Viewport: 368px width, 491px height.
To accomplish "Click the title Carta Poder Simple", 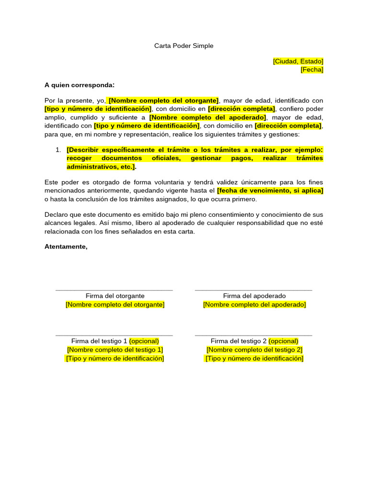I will (184, 46).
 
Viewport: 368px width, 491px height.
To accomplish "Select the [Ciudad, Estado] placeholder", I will (298, 61).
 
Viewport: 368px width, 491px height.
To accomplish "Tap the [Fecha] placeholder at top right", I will (312, 70).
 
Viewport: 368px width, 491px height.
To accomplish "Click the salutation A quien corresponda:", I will (80, 85).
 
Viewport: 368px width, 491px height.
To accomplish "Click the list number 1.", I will (58, 150).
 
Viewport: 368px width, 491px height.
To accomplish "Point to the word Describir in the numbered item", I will (84, 150).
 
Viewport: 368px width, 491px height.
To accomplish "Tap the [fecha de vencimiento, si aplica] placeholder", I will (270, 191).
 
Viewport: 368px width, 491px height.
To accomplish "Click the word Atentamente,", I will (66, 247).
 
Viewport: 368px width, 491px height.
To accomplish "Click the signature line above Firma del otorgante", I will (114, 290).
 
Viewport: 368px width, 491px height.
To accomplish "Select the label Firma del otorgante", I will (115, 296).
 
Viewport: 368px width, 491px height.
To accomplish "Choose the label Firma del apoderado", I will (254, 296).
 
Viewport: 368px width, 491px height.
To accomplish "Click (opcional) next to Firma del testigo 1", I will (144, 341).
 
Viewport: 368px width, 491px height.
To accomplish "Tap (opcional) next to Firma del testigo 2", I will (284, 341).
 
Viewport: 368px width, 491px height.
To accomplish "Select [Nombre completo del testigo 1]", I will (115, 350).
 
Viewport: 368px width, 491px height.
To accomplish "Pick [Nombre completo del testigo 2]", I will (254, 350).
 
